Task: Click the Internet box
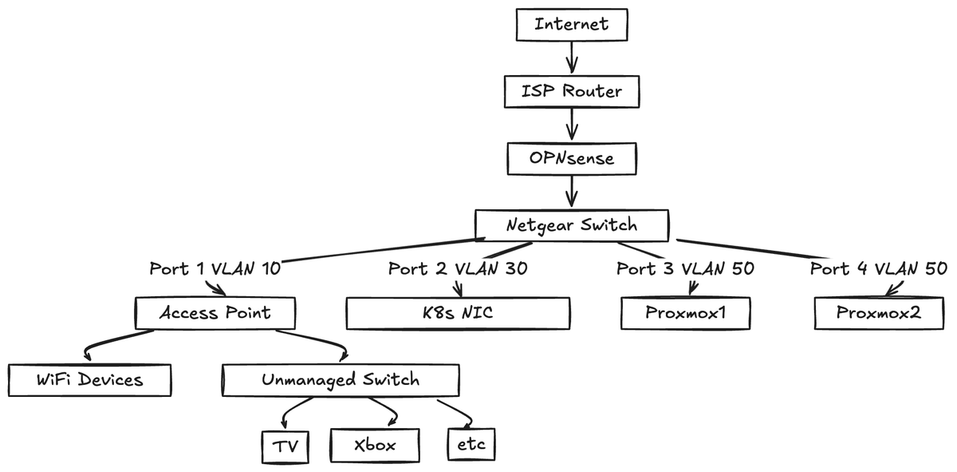[571, 24]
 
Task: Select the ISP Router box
[571, 91]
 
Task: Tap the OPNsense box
[571, 158]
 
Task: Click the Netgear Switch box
[571, 225]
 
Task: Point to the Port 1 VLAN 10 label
[215, 268]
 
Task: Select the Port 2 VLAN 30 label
[457, 268]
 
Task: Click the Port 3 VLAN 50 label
[685, 268]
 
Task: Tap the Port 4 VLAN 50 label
[878, 268]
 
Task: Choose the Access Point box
[215, 313]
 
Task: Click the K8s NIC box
[457, 313]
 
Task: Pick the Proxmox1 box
[685, 313]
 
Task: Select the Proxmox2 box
[878, 313]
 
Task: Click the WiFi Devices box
[89, 379]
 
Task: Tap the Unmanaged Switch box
[340, 379]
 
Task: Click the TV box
[285, 446]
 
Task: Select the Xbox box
[374, 446]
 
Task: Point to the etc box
[471, 445]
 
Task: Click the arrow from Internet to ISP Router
[571, 58]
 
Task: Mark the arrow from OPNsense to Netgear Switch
[571, 192]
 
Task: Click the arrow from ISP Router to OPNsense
[571, 125]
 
